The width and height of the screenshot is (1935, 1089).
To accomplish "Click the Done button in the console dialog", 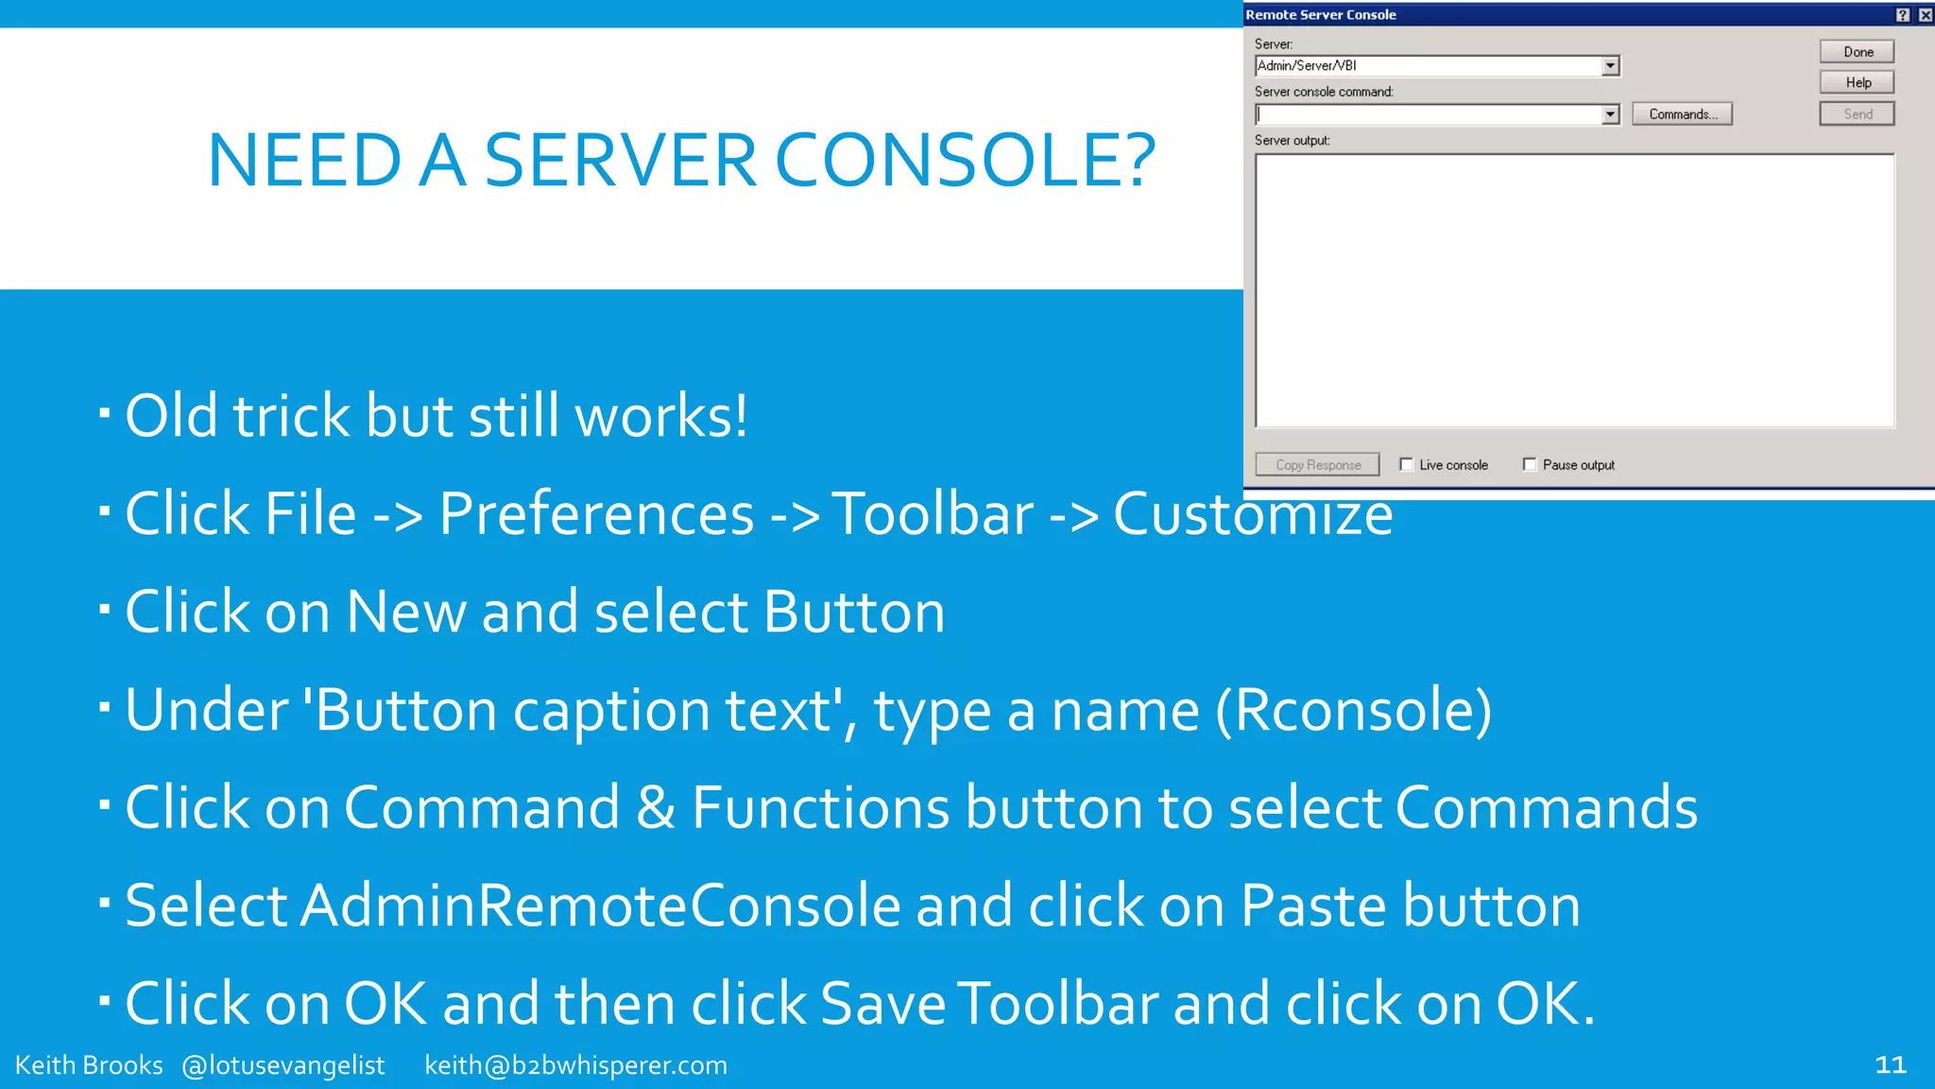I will pyautogui.click(x=1857, y=52).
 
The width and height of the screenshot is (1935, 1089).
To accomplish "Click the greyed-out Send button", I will pyautogui.click(x=1857, y=114).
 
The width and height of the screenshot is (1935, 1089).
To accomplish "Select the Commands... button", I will pyautogui.click(x=1682, y=114).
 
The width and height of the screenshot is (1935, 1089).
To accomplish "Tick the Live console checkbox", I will pyautogui.click(x=1406, y=464).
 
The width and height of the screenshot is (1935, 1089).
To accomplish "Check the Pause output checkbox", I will pyautogui.click(x=1530, y=464).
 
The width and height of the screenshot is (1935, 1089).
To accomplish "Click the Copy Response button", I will pyautogui.click(x=1317, y=464).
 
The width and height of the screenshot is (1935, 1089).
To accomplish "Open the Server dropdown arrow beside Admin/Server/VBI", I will pyautogui.click(x=1610, y=66).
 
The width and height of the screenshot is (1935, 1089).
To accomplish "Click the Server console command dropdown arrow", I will pyautogui.click(x=1610, y=114).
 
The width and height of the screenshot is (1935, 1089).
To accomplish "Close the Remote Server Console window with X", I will pyautogui.click(x=1925, y=15).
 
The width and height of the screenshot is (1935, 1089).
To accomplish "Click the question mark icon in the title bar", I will pyautogui.click(x=1903, y=15).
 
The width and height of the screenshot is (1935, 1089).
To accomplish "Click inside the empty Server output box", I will pyautogui.click(x=1574, y=290).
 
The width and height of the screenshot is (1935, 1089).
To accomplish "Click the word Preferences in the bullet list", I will pyautogui.click(x=596, y=514).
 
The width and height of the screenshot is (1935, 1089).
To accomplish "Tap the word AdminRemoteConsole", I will pyautogui.click(x=601, y=905).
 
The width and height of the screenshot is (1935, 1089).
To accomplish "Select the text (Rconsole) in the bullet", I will pyautogui.click(x=1353, y=710).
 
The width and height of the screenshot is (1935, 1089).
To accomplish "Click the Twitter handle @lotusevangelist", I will pyautogui.click(x=283, y=1065).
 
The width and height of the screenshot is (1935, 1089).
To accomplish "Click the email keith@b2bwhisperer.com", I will pyautogui.click(x=575, y=1065).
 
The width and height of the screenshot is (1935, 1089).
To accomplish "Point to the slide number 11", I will pyautogui.click(x=1890, y=1065).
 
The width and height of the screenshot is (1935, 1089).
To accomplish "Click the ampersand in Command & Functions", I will pyautogui.click(x=656, y=807).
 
